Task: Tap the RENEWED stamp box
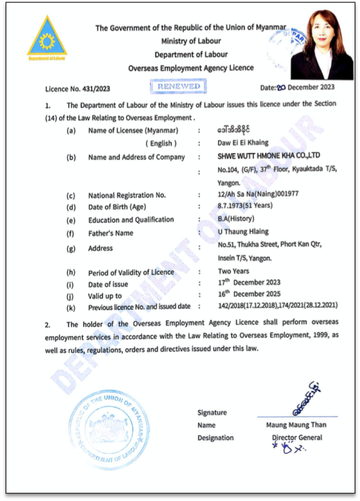coord(178,86)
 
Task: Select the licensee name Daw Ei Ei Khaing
coord(243,143)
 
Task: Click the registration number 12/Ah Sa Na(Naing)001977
coord(258,194)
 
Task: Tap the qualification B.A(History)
coord(236,219)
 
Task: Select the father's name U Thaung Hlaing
coord(243,231)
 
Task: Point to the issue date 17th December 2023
coord(249,282)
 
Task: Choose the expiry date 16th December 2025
coord(249,294)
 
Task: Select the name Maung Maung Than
coord(296,425)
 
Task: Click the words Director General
coord(297,437)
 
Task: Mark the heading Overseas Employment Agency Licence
coord(191,68)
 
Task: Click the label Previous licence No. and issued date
coord(139,306)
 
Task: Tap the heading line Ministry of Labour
coord(191,41)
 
